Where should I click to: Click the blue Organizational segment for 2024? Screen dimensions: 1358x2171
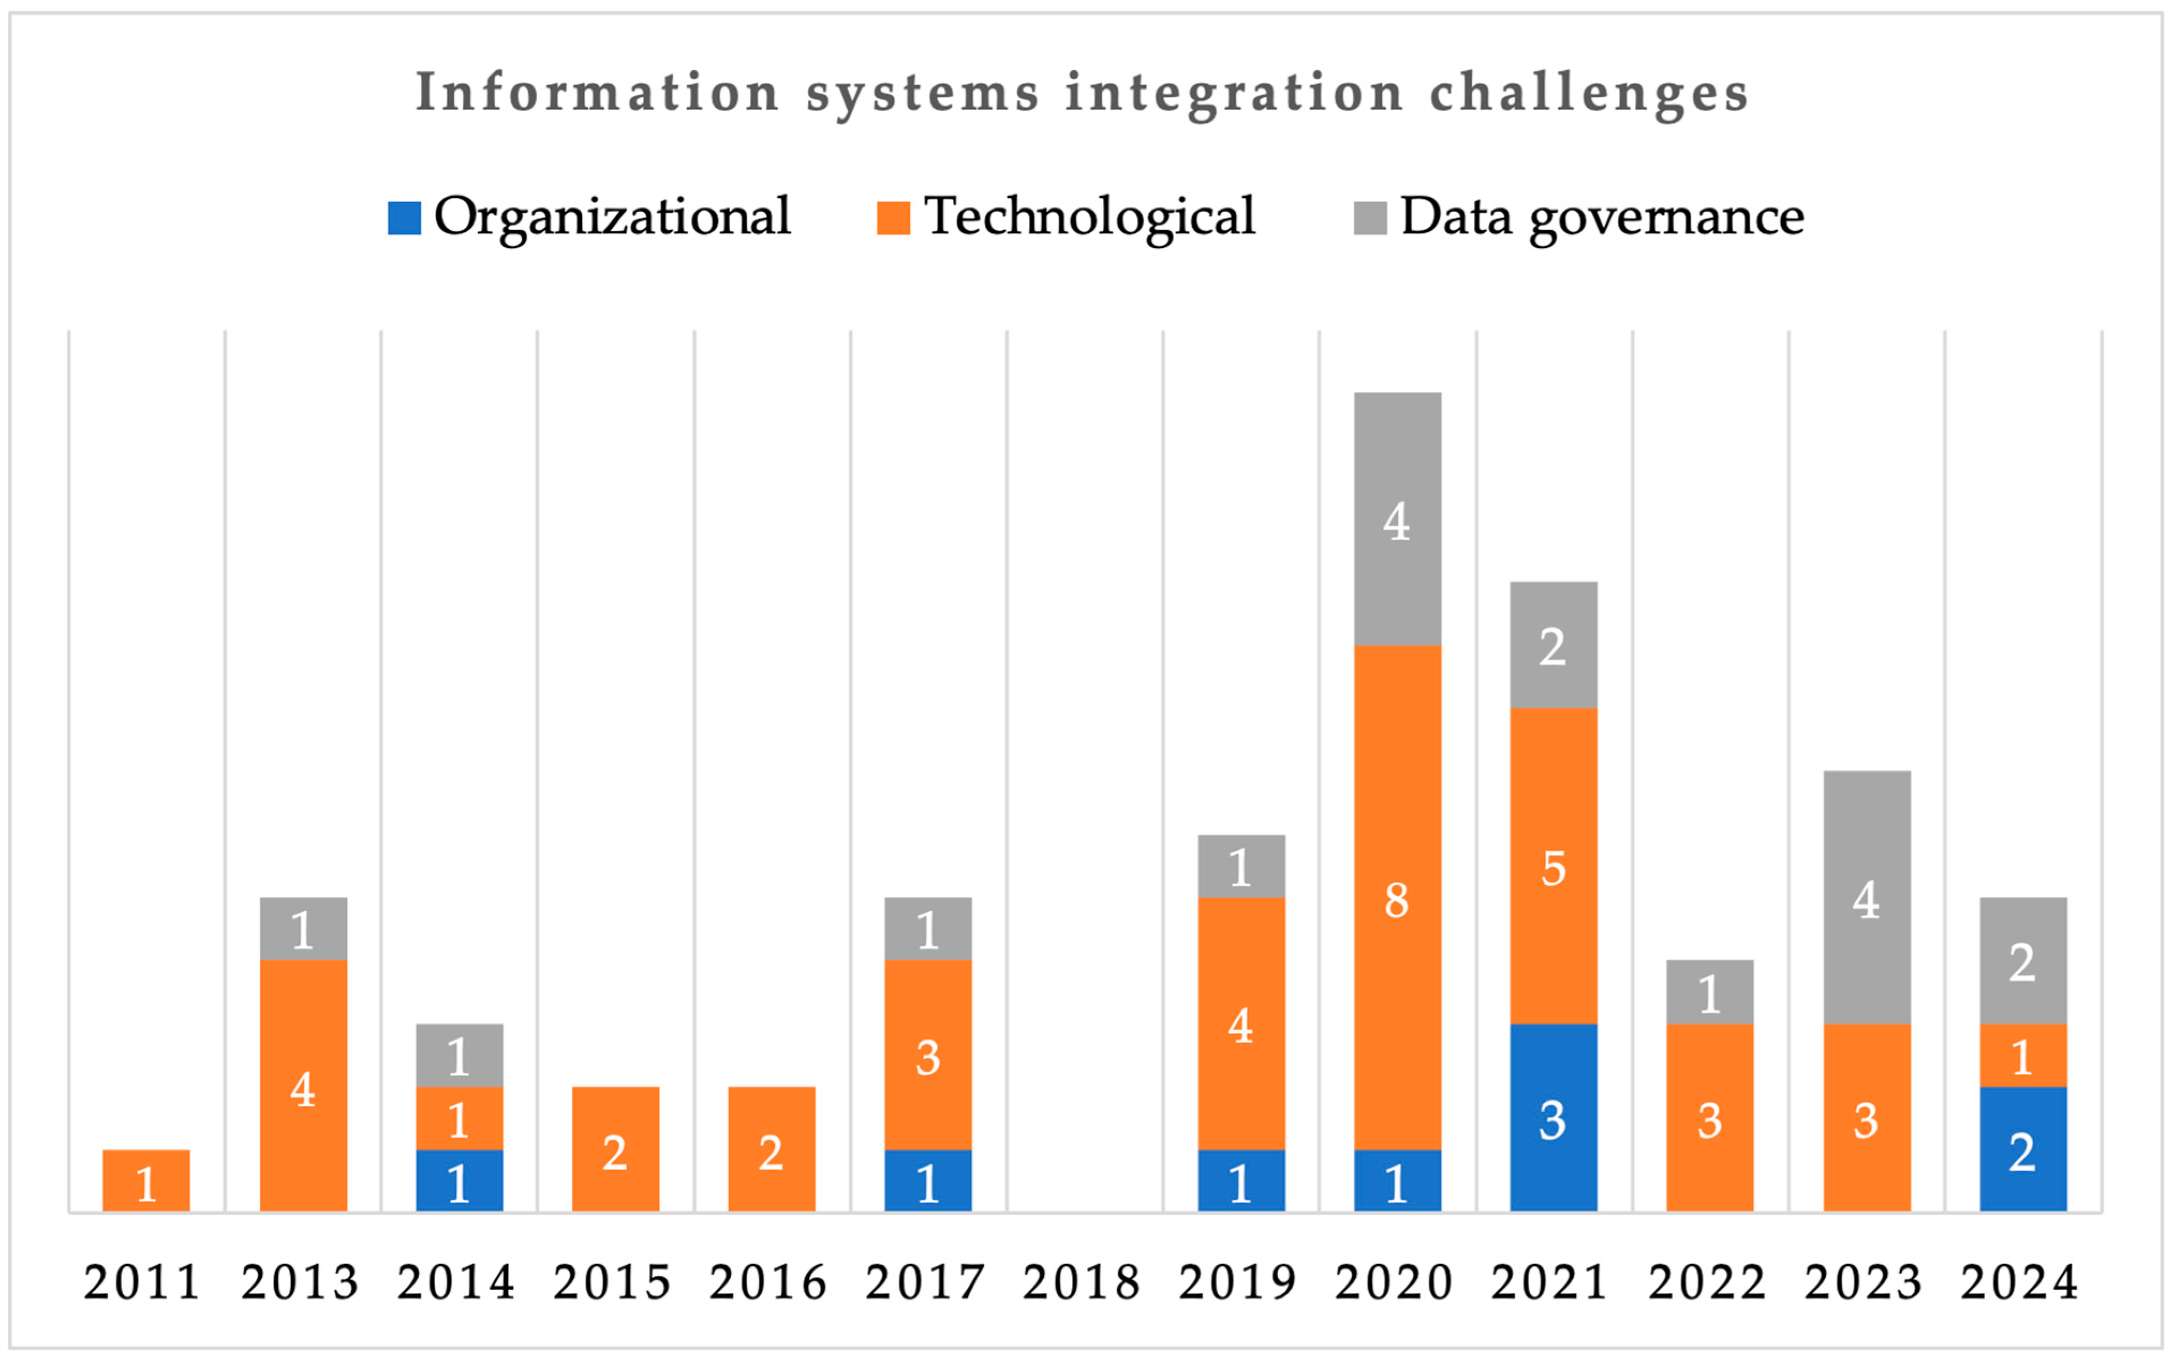coord(2023,1149)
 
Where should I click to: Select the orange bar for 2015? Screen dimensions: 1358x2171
coord(616,1149)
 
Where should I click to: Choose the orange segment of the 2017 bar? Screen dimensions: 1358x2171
coord(928,1055)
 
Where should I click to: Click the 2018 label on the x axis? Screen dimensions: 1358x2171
coord(1081,1282)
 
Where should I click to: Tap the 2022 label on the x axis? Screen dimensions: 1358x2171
coord(1707,1282)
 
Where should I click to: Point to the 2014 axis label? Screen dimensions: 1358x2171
coord(456,1282)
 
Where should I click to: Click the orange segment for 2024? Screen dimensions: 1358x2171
coord(2023,1055)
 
